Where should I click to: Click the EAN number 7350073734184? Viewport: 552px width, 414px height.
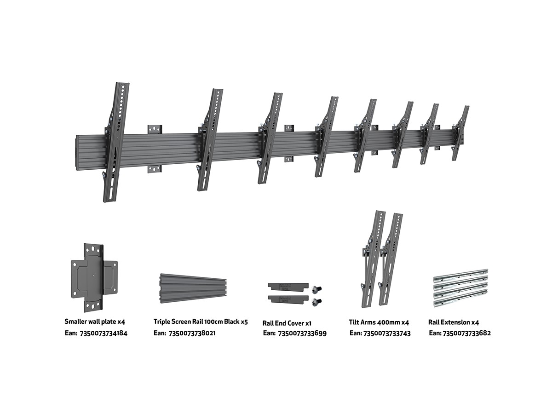pos(103,333)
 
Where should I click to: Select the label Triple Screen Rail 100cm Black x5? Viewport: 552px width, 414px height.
pos(201,322)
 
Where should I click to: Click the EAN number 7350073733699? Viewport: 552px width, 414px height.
pos(301,333)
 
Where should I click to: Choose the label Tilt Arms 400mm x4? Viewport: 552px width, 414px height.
pos(379,322)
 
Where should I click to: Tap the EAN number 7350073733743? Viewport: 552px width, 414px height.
pos(387,333)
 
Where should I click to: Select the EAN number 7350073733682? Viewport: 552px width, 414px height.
pos(466,333)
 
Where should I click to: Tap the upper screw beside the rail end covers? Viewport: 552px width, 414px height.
pos(317,289)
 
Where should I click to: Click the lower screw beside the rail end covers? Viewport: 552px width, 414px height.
pos(317,302)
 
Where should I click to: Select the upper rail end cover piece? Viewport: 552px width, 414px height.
pos(287,287)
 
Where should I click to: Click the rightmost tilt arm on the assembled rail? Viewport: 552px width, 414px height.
pos(460,133)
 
